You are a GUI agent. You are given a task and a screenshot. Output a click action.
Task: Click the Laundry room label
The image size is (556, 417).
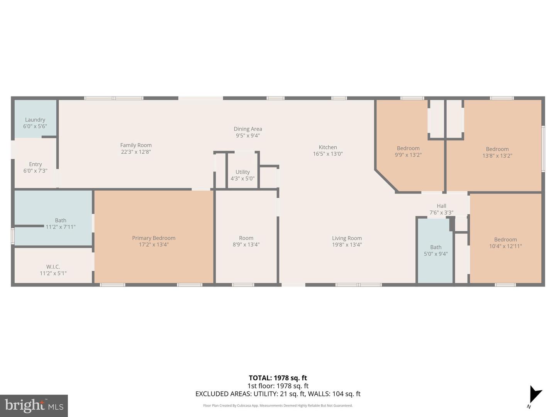point(35,120)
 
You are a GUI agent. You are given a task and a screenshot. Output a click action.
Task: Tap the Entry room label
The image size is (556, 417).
point(35,164)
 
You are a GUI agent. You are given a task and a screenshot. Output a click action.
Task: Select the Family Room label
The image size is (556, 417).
point(136,146)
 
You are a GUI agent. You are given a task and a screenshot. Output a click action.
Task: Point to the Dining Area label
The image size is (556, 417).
point(248,129)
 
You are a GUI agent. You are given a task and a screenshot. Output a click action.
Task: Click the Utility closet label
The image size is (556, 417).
point(242,172)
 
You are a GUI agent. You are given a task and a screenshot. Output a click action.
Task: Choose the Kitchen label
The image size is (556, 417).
point(328,147)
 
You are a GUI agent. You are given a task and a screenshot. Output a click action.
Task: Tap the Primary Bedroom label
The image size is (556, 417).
point(154,238)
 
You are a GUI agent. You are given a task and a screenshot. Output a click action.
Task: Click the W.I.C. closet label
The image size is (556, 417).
point(53,267)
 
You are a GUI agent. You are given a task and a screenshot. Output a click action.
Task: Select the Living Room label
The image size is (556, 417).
point(347,238)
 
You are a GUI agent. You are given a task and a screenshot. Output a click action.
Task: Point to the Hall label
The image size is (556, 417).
point(441,206)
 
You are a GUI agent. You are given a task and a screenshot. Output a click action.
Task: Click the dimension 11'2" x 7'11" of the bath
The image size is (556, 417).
point(61,227)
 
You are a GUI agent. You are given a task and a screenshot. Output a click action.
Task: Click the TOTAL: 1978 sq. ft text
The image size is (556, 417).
point(278,378)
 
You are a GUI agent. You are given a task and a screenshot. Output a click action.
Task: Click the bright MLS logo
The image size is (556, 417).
point(34,406)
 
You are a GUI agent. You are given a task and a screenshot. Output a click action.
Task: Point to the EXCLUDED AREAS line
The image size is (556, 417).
point(278,394)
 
